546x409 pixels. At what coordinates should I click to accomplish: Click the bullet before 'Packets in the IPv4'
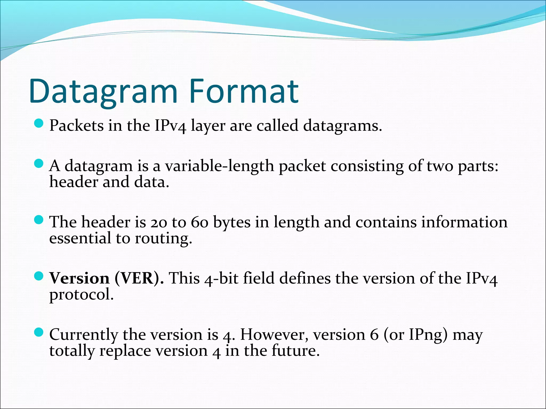tap(39, 123)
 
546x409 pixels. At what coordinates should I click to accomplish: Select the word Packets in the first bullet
tap(77, 125)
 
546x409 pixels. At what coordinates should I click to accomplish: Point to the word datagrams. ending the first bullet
tap(343, 126)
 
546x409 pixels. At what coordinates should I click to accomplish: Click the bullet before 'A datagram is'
tap(39, 164)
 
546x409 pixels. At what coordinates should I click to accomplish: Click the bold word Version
tap(79, 278)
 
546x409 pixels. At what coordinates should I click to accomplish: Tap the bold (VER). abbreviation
tap(139, 279)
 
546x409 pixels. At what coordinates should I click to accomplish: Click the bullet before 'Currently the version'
tap(39, 332)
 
